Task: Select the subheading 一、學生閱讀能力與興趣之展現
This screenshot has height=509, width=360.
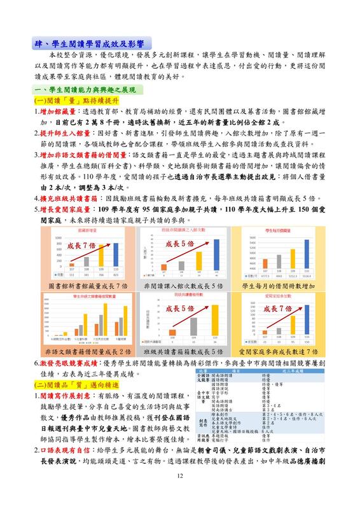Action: click(85, 91)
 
